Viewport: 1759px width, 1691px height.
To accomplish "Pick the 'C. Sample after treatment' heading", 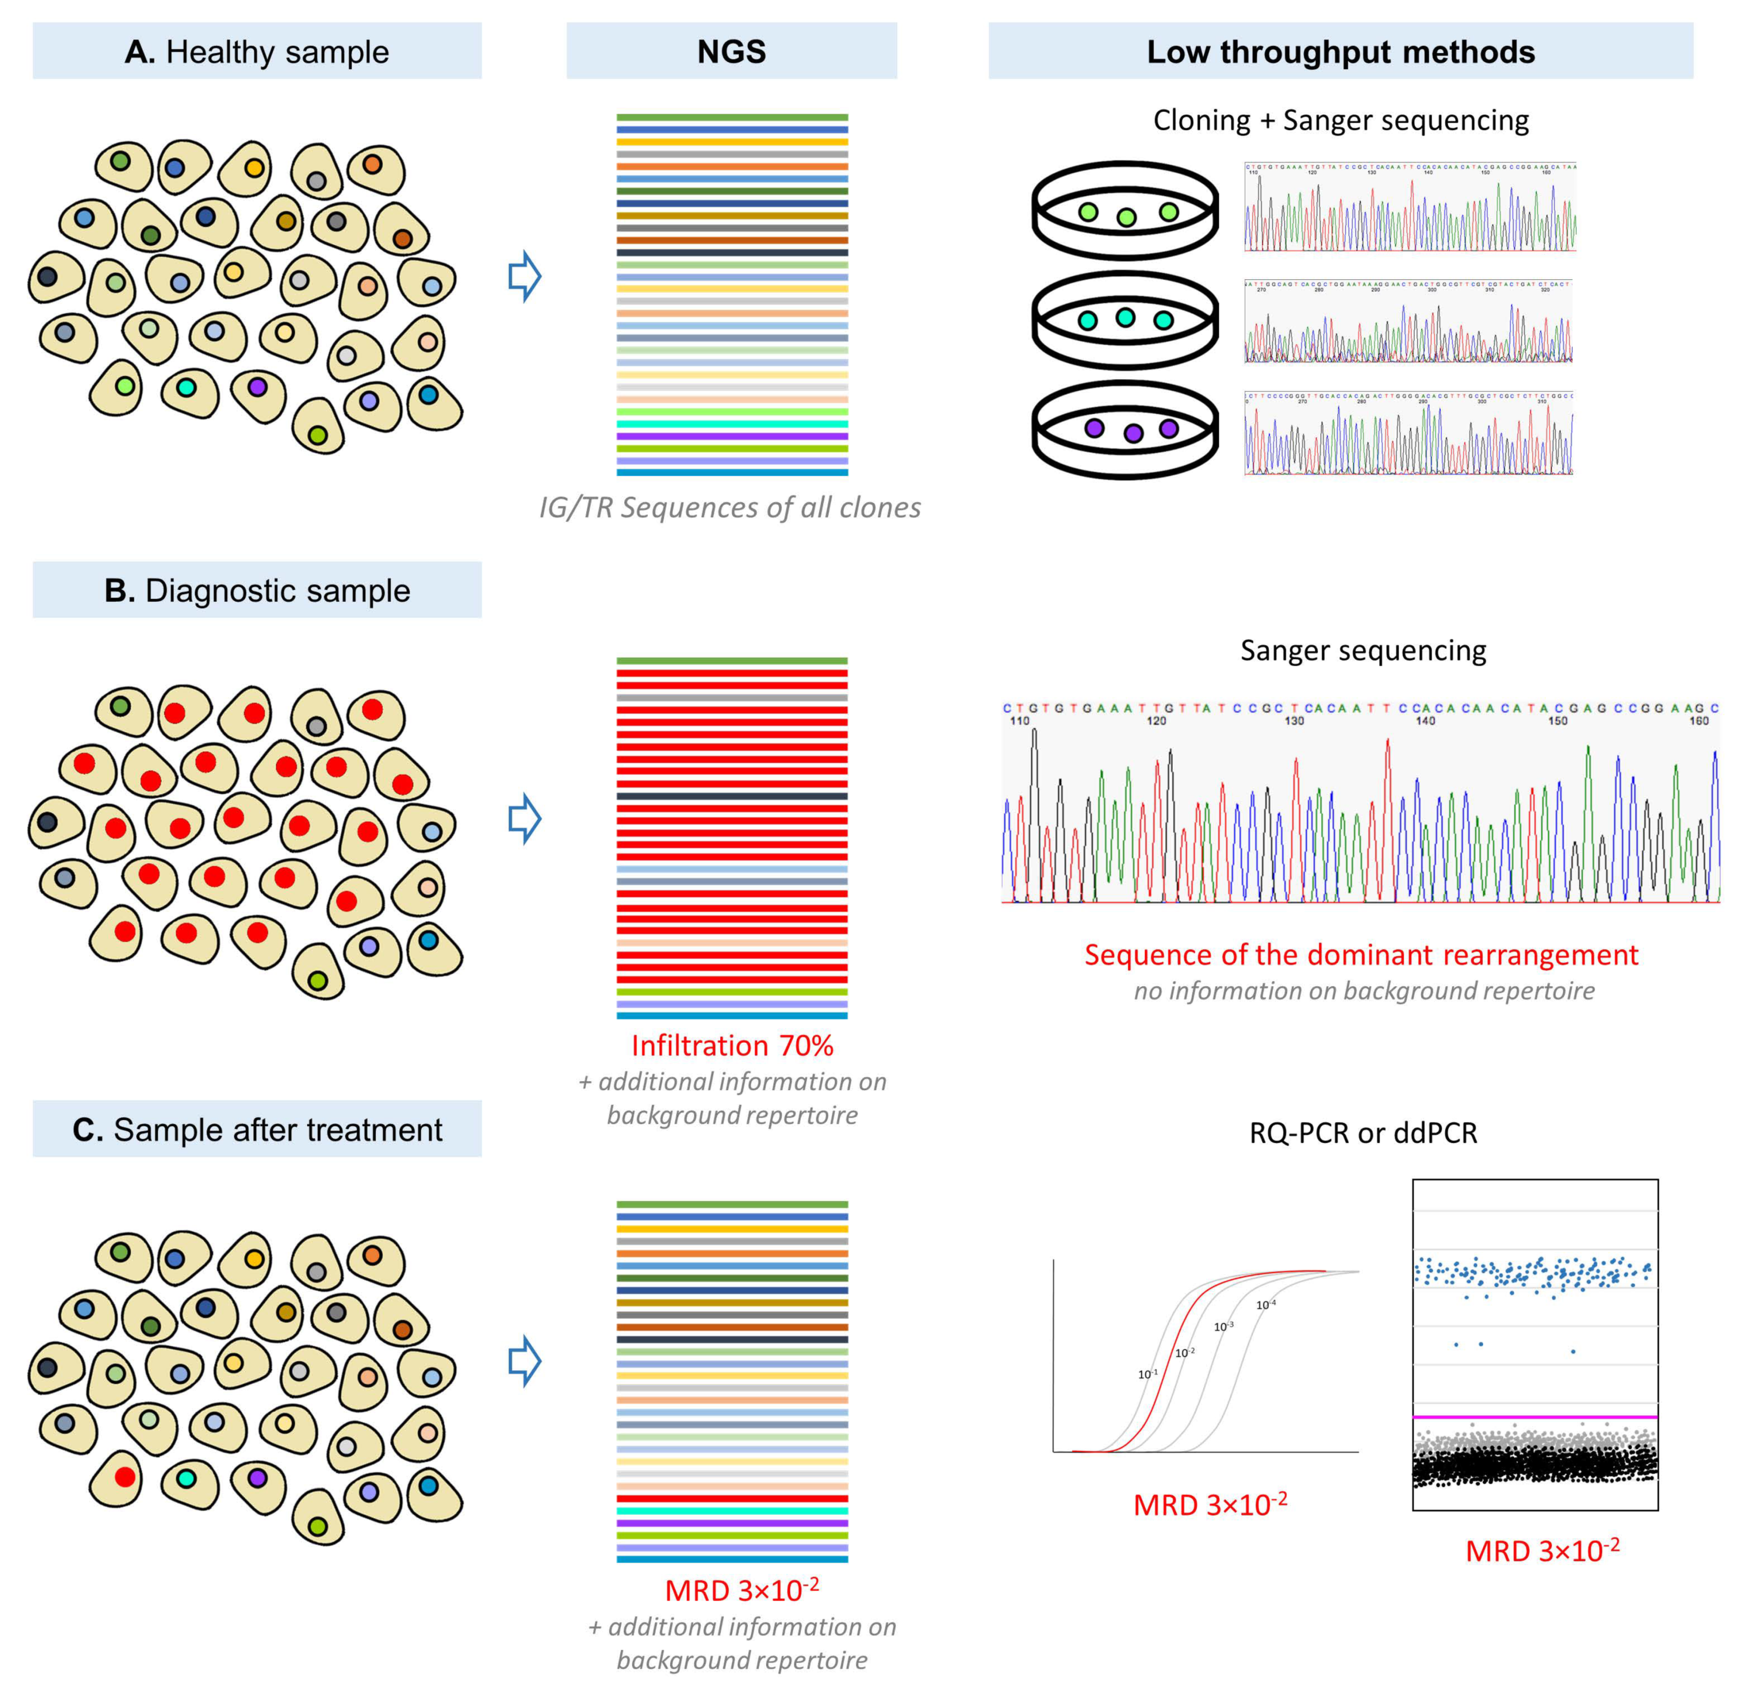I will coord(257,1129).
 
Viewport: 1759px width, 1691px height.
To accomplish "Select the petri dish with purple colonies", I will coord(1125,430).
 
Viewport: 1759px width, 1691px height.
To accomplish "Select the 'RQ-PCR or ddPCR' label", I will coord(1362,1133).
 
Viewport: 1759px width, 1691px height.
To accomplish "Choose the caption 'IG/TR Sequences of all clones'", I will coord(730,508).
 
